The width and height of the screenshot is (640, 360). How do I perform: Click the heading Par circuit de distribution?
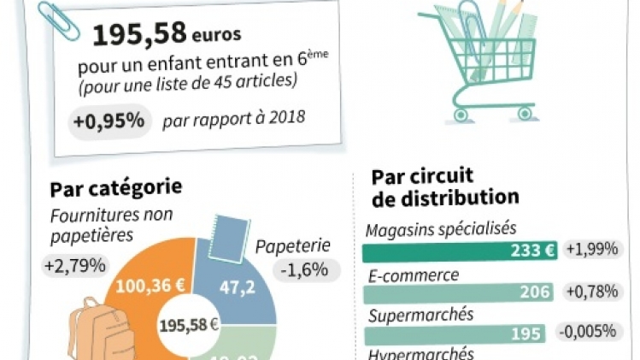[444, 187]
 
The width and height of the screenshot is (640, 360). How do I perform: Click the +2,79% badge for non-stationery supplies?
[74, 266]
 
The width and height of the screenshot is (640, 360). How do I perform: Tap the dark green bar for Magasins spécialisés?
[461, 251]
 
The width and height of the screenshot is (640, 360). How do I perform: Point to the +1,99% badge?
[590, 251]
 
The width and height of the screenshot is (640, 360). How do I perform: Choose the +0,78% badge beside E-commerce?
[590, 292]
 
